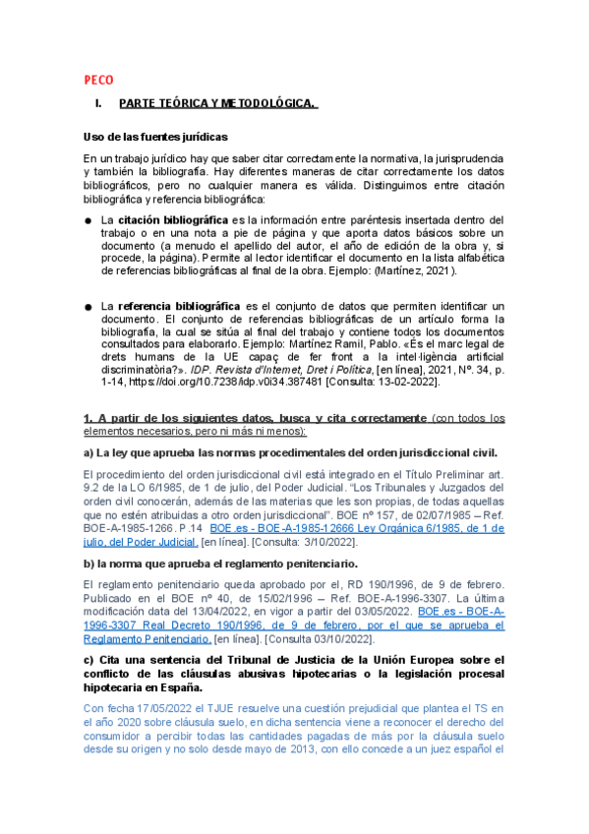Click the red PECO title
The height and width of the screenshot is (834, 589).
[98, 80]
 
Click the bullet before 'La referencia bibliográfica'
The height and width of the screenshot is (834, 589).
[88, 307]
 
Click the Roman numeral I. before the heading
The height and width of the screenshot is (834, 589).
[97, 103]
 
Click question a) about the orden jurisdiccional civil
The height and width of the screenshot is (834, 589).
[291, 451]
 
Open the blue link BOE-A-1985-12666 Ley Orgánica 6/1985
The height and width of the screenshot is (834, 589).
[354, 526]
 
